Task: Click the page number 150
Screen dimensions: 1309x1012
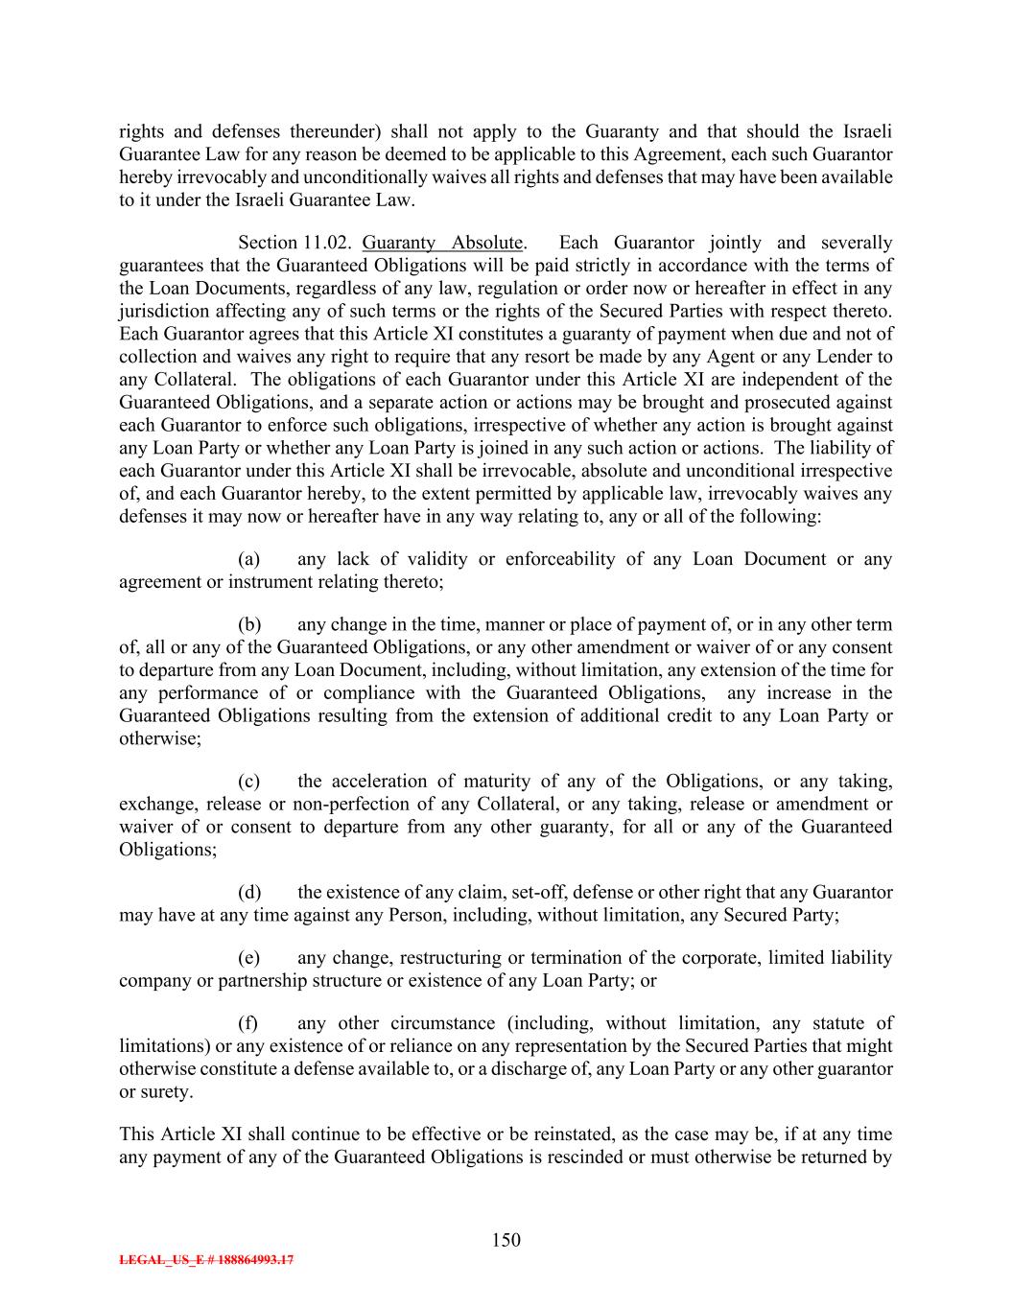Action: (x=506, y=1240)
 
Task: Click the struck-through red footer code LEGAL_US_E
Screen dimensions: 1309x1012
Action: (x=206, y=1260)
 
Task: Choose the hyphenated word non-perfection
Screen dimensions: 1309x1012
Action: (x=348, y=804)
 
